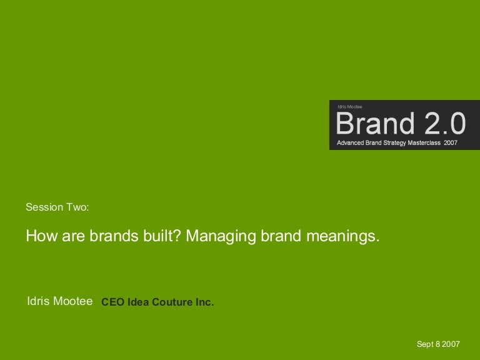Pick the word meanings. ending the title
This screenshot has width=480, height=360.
coord(343,237)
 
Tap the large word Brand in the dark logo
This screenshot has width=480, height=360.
coord(375,123)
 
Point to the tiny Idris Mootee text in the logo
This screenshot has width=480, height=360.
coord(350,107)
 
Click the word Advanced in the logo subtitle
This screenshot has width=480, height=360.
coord(350,142)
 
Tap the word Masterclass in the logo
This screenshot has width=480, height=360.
coord(424,142)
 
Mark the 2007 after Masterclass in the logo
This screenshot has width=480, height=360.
coord(451,142)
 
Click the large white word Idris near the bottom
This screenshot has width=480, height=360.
coord(38,301)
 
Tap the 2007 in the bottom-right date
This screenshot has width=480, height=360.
coord(451,344)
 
